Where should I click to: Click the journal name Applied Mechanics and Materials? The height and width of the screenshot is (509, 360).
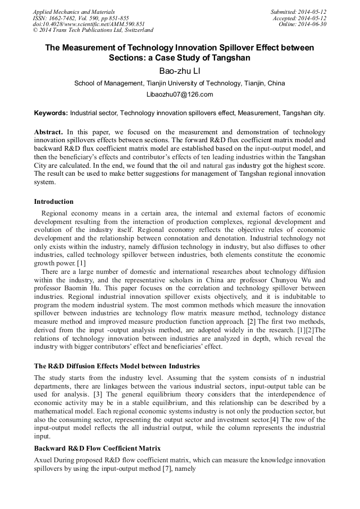click(x=73, y=12)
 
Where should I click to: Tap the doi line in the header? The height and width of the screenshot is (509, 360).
click(x=89, y=24)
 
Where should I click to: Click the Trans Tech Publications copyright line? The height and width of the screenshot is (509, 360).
click(x=93, y=31)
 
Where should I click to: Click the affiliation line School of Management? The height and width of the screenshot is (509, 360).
click(x=179, y=83)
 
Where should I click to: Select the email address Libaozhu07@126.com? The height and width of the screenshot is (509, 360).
click(x=179, y=94)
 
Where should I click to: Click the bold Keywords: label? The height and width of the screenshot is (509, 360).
click(x=51, y=113)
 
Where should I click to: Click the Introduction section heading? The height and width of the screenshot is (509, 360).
click(x=54, y=202)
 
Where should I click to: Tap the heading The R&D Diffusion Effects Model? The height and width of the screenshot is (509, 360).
click(x=117, y=366)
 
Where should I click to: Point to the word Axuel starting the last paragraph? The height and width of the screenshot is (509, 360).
click(x=44, y=461)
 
